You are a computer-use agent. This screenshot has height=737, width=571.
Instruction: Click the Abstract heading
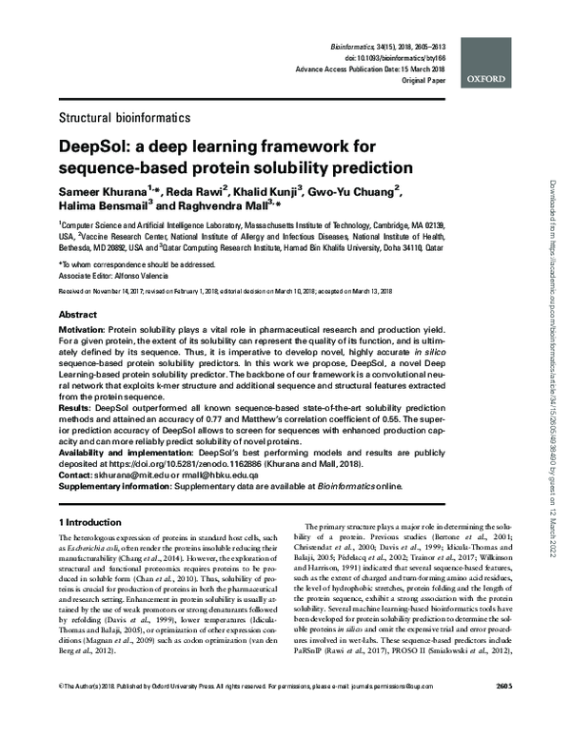click(78, 314)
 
